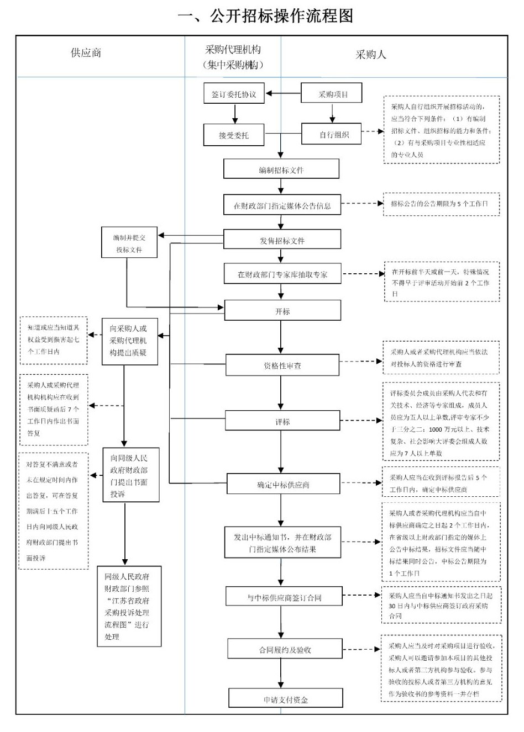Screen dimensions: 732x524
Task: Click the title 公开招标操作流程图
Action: tap(265, 15)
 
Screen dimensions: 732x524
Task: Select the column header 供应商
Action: tap(86, 53)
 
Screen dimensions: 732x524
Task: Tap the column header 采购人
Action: tap(370, 54)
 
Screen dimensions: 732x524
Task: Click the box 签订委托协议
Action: tap(234, 94)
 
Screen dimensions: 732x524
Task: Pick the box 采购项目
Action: tap(332, 93)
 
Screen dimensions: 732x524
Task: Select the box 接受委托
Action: tap(234, 135)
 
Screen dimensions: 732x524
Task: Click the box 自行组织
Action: tap(332, 134)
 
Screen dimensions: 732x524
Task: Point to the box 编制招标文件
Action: tap(281, 169)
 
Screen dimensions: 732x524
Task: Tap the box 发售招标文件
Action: tap(282, 240)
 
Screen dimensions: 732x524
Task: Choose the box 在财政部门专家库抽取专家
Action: tap(282, 274)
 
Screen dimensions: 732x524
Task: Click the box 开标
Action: tap(282, 311)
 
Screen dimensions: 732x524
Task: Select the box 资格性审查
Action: tap(282, 365)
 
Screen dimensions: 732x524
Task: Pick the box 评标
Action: tap(282, 421)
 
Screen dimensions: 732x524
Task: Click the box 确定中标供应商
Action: tap(282, 484)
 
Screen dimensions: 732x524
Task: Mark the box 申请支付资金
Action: tap(285, 699)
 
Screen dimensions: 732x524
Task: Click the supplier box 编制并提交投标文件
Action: tap(129, 243)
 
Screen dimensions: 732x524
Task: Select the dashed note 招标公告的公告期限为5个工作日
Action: tap(441, 204)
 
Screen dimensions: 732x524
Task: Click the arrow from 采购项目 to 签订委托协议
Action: tap(282, 93)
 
